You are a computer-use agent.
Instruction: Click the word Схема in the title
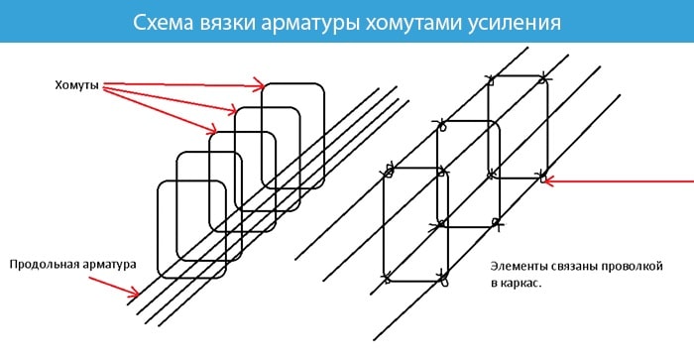[x=166, y=22]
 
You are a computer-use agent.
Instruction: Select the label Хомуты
[x=75, y=86]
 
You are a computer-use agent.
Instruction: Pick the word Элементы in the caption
[x=520, y=266]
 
